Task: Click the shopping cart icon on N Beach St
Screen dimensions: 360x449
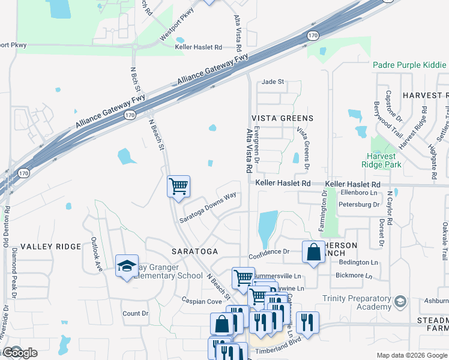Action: (178, 187)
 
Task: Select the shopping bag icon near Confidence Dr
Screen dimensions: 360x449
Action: (313, 253)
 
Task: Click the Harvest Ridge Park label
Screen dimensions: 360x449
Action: (385, 159)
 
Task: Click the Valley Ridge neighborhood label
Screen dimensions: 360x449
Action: (50, 247)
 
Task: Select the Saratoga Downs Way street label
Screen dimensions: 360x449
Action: (208, 208)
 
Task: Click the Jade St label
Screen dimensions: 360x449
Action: (273, 82)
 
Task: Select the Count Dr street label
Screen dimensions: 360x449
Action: (135, 313)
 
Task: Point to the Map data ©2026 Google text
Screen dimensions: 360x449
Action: (411, 355)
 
